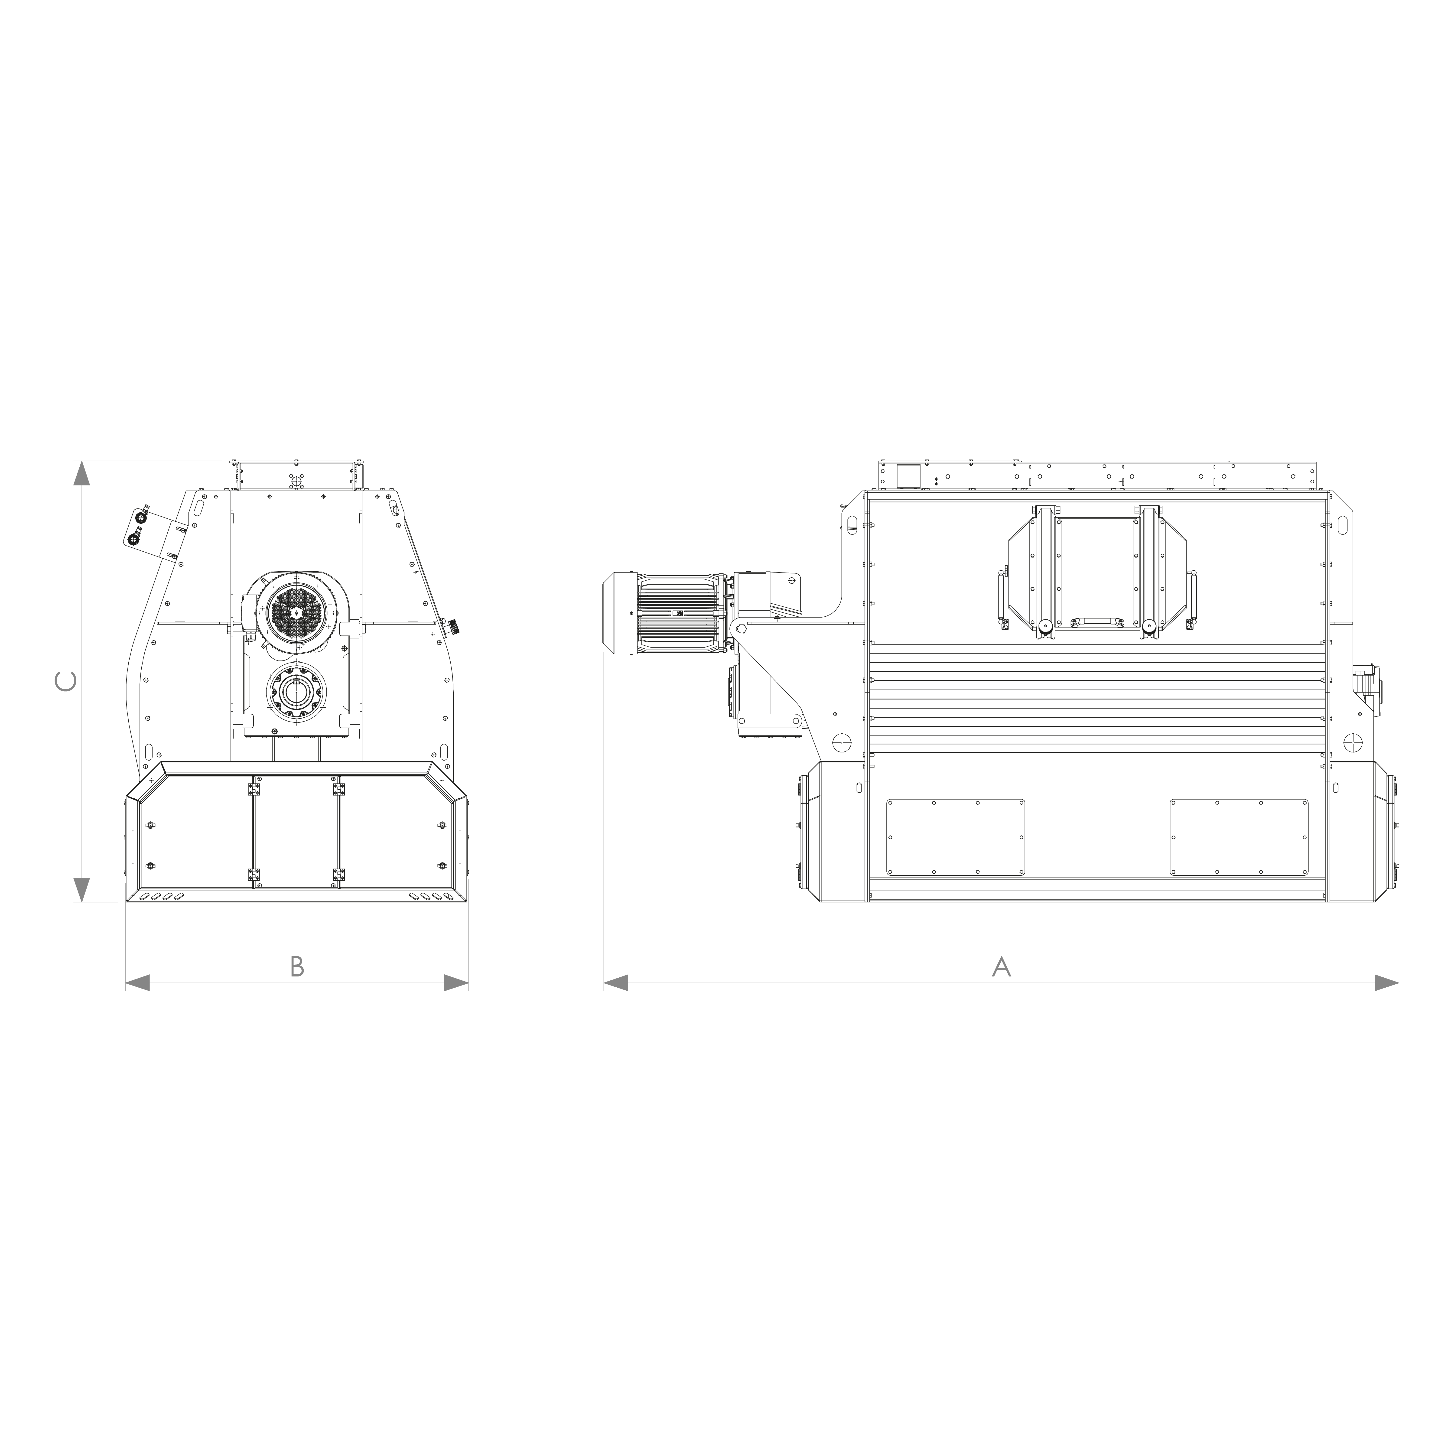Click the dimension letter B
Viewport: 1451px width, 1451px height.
coord(297,966)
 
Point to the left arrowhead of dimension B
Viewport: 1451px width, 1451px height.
coord(137,982)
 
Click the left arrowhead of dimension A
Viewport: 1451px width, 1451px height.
coord(616,982)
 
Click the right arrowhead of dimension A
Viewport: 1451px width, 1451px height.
coord(1386,982)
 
